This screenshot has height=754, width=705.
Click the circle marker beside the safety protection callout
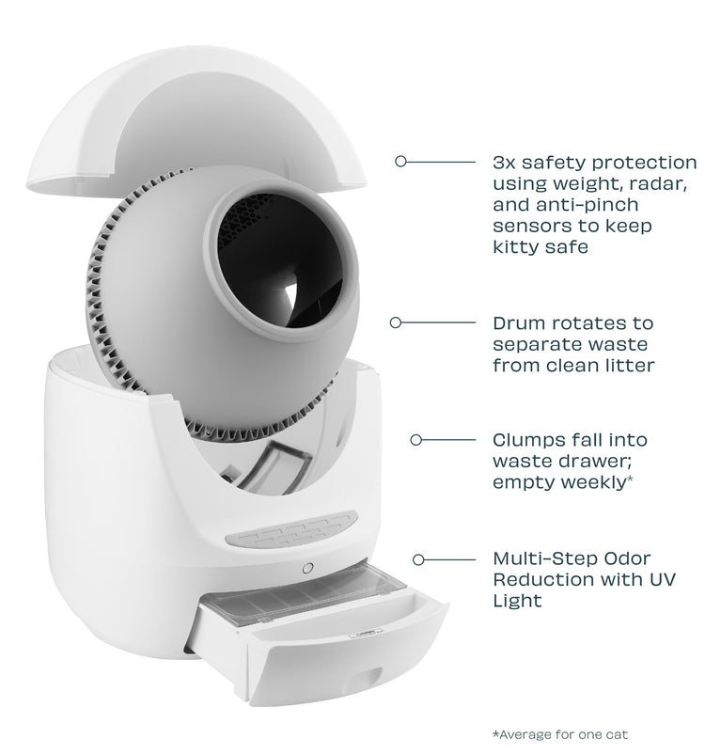pos(399,162)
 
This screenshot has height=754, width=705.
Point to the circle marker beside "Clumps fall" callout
pos(416,439)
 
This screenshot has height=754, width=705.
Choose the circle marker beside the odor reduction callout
pos(416,558)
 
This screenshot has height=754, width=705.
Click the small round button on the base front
pos(307,569)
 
